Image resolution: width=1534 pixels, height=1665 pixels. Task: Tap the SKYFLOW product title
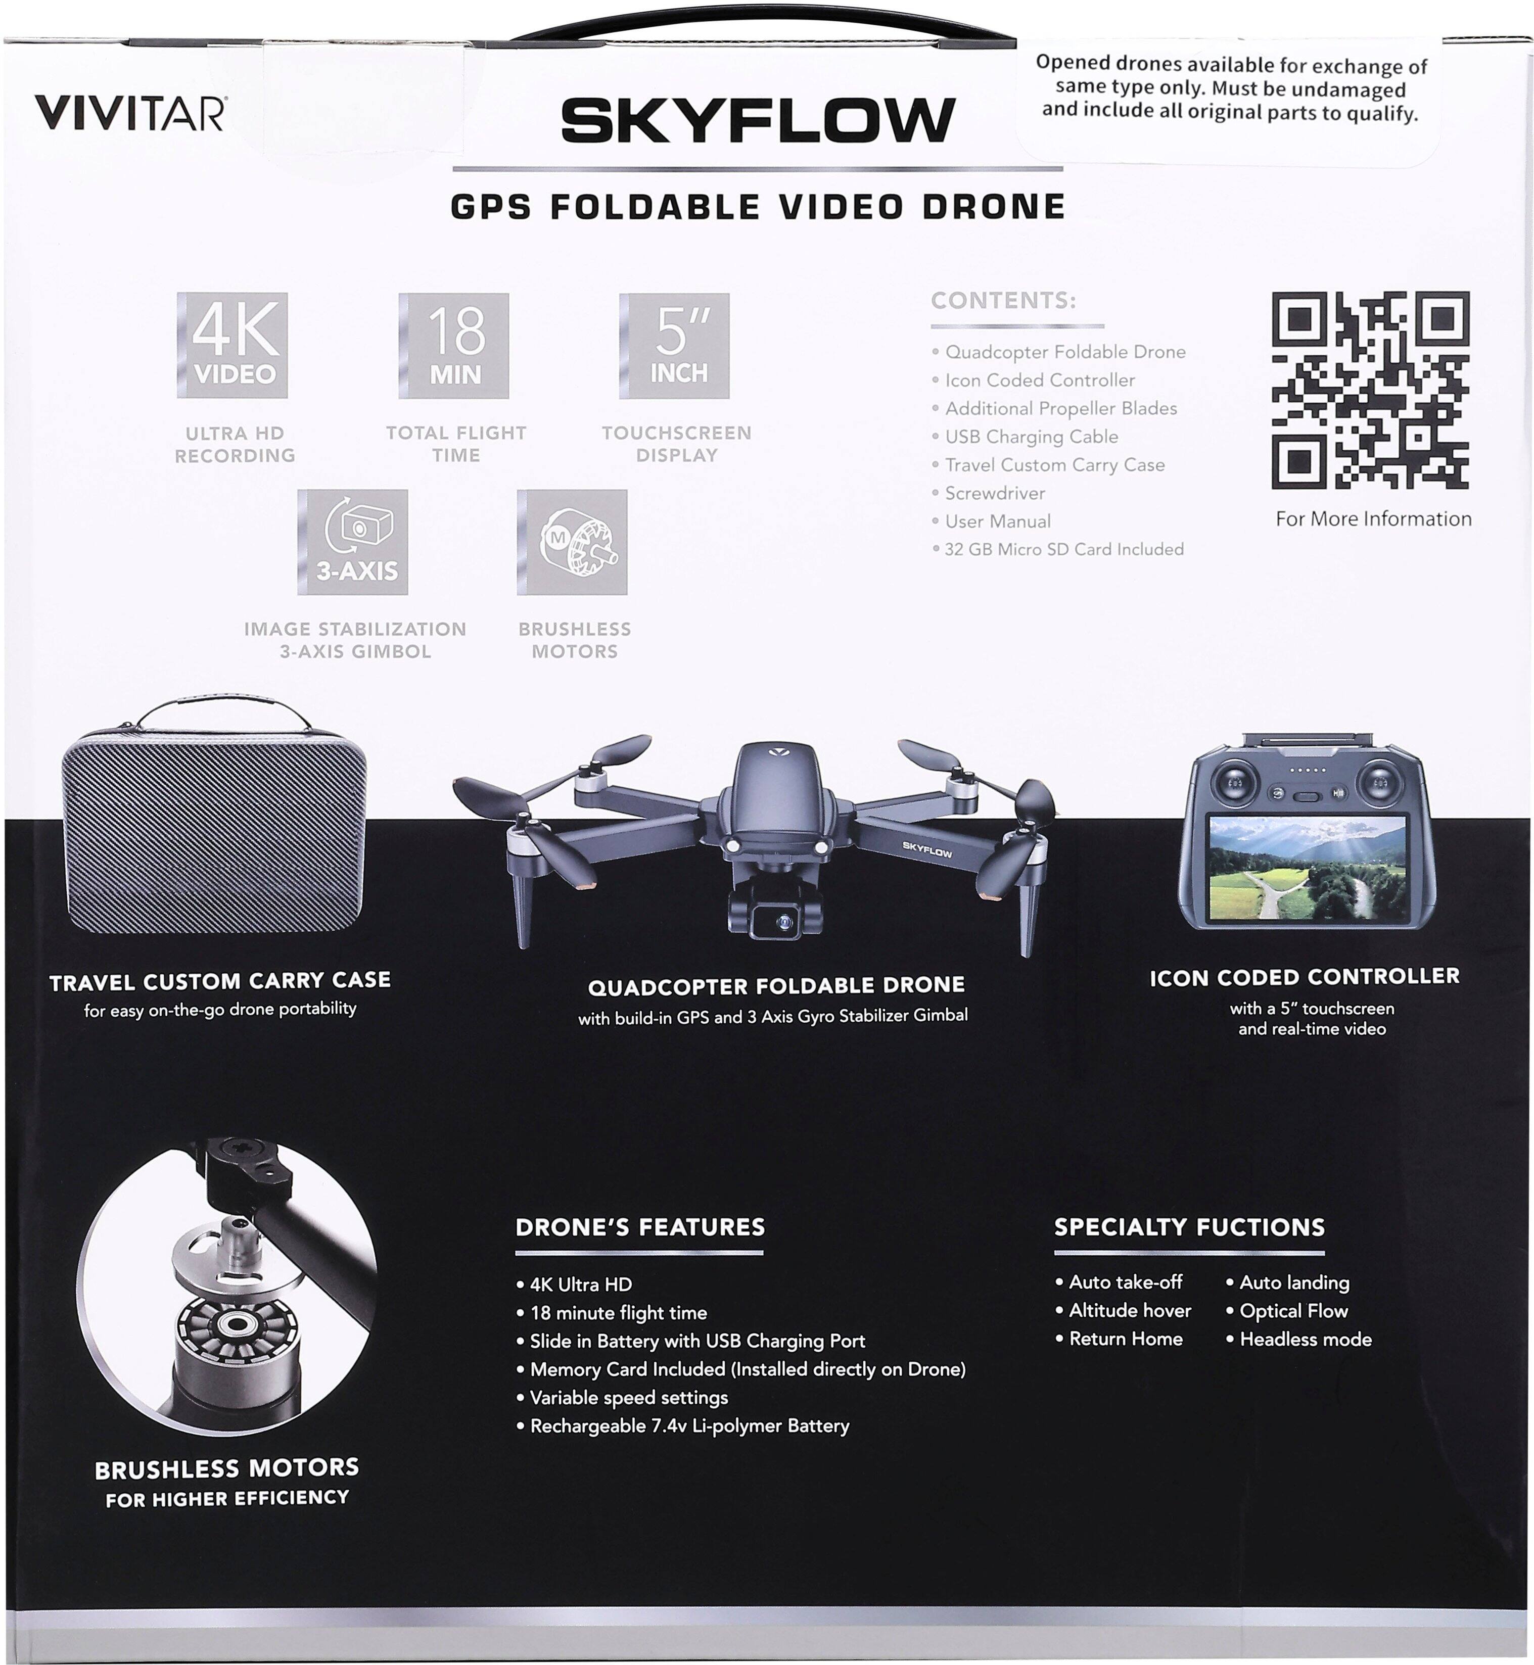[x=758, y=120]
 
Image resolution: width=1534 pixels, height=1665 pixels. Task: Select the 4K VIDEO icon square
[x=233, y=345]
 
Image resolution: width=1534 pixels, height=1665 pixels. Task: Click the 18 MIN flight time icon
[x=454, y=345]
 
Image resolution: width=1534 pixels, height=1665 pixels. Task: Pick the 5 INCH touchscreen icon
[x=675, y=345]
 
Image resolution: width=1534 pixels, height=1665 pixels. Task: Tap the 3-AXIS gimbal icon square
[x=353, y=542]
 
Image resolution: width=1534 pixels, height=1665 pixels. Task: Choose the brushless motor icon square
[x=572, y=542]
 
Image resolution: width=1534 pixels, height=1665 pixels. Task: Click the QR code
[x=1370, y=390]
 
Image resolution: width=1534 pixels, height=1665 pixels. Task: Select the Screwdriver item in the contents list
[x=994, y=493]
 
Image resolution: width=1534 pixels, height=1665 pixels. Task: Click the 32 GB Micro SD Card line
[x=1063, y=549]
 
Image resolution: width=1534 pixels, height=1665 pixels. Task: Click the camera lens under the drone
[x=783, y=921]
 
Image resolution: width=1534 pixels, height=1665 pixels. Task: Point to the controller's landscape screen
[x=1309, y=867]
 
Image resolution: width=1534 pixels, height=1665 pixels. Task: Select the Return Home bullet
[x=1125, y=1338]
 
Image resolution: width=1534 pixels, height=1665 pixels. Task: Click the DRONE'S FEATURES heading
[x=640, y=1227]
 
